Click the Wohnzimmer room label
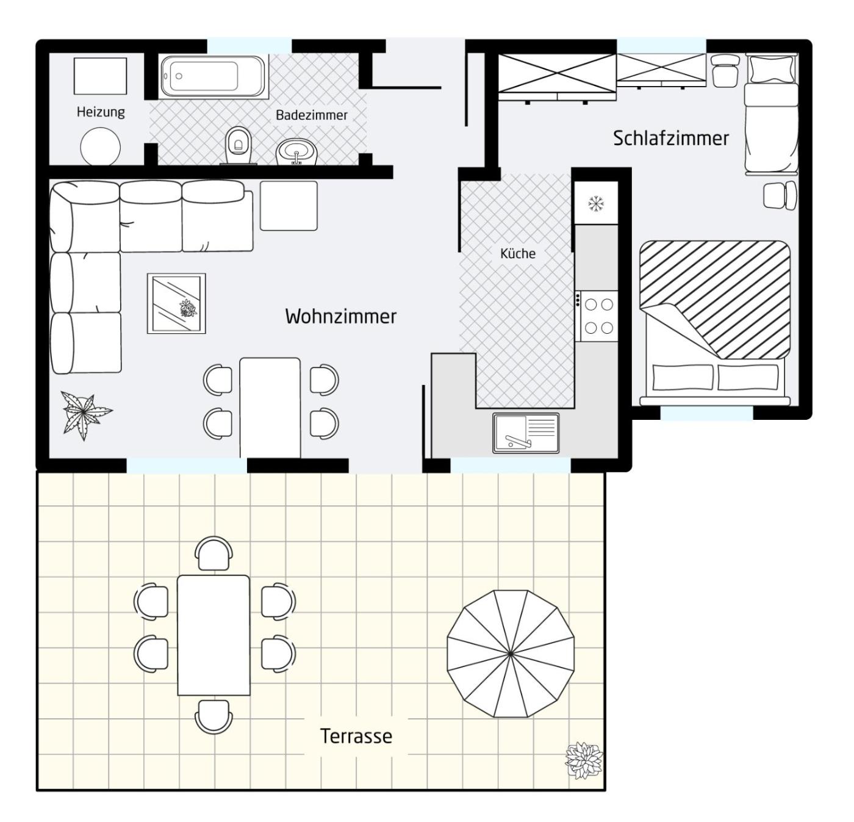pos(340,317)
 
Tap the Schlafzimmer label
pos(670,139)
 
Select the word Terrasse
pos(356,737)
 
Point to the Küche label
pos(518,253)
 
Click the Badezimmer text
pos(312,115)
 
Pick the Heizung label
pos(101,112)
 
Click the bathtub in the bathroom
pos(213,76)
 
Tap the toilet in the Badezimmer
pos(239,145)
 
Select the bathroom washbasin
pos(297,152)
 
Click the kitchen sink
pos(526,433)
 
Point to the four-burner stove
pos(597,316)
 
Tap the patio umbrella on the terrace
pos(511,654)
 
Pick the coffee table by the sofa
pos(176,303)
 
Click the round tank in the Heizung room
pos(101,147)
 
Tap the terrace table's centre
pos(213,635)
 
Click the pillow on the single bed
pos(772,69)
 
